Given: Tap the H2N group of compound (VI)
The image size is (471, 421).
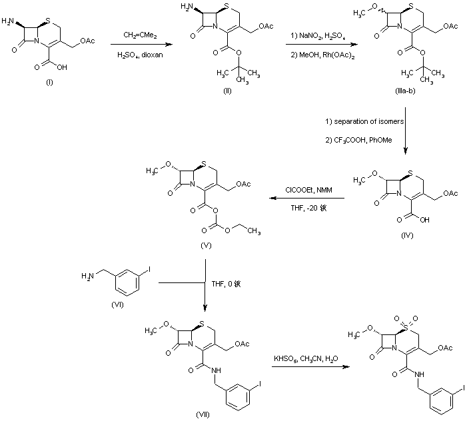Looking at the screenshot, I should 87,273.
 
